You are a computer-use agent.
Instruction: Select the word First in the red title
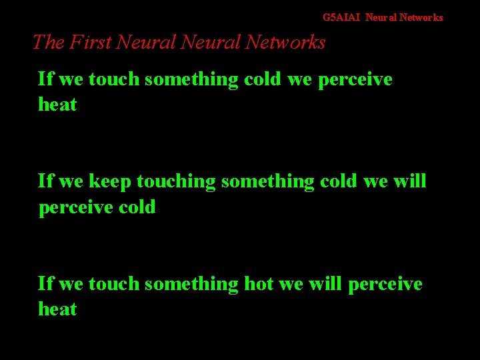pyautogui.click(x=88, y=42)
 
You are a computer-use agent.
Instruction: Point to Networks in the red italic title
pyautogui.click(x=285, y=42)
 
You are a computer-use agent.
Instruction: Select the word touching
pyautogui.click(x=176, y=182)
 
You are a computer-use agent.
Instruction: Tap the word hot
pyautogui.click(x=259, y=284)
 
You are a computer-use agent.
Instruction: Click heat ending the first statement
pyautogui.click(x=57, y=105)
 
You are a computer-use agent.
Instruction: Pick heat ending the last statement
pyautogui.click(x=57, y=309)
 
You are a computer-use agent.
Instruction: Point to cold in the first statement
pyautogui.click(x=263, y=79)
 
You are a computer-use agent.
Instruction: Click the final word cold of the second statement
pyautogui.click(x=137, y=207)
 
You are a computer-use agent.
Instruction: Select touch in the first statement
pyautogui.click(x=114, y=79)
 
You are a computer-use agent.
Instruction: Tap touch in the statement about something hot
pyautogui.click(x=114, y=284)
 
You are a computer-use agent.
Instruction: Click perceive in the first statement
pyautogui.click(x=355, y=80)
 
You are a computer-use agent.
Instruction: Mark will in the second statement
pyautogui.click(x=411, y=181)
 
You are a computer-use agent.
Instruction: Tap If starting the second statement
pyautogui.click(x=45, y=181)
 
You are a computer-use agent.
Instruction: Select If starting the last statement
pyautogui.click(x=45, y=284)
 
